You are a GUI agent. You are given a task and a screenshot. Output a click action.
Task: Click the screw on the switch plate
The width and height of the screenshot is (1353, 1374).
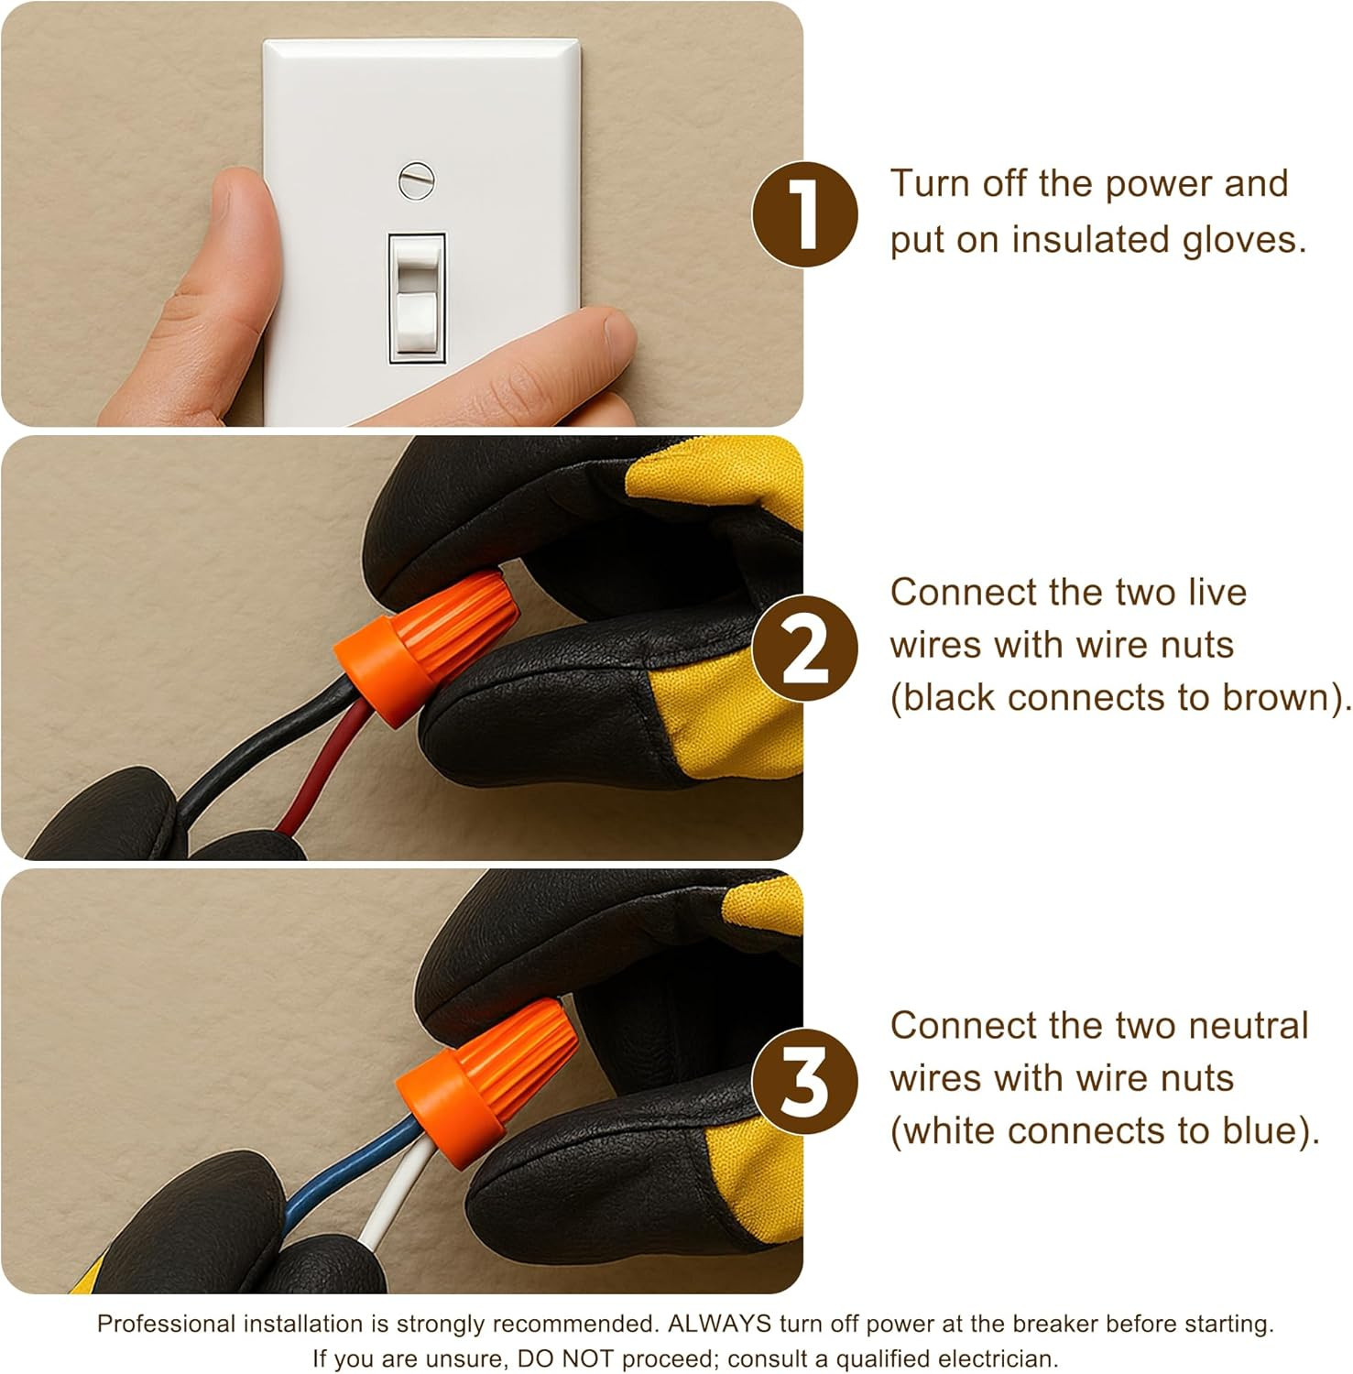[x=416, y=180]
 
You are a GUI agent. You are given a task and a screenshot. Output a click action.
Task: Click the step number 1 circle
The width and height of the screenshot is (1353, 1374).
[x=805, y=214]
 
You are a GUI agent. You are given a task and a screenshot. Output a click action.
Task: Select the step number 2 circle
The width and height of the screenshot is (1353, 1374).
[x=805, y=649]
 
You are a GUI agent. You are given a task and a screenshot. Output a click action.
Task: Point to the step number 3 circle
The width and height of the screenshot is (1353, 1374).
[x=805, y=1081]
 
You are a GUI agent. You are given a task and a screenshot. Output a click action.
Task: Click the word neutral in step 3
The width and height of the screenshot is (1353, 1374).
[x=1249, y=1026]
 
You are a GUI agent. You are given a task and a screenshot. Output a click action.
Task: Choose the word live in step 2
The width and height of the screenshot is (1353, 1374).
[x=1217, y=593]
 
